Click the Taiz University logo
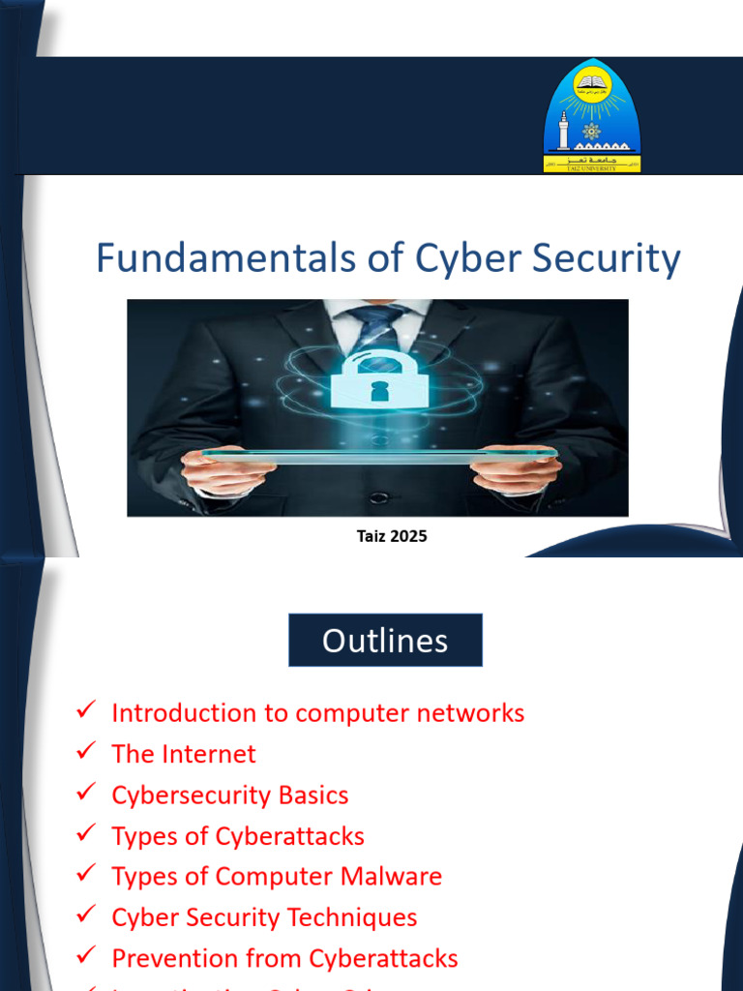(591, 116)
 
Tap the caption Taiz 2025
(392, 536)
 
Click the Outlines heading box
(385, 641)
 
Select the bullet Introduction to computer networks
(317, 713)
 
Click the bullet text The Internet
(184, 754)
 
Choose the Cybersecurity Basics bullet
(230, 796)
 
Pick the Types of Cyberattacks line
(238, 836)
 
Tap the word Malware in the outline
(393, 877)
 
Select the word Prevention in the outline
(170, 958)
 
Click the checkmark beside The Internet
(85, 752)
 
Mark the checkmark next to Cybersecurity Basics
(85, 793)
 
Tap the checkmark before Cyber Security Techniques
(85, 915)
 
